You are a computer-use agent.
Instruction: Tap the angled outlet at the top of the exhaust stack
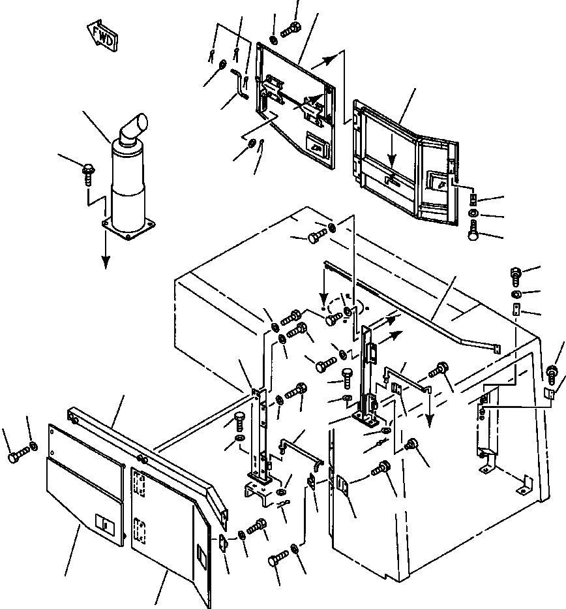pos(135,125)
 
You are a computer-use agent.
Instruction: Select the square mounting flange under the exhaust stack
pos(130,228)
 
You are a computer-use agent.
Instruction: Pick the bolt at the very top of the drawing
pos(290,28)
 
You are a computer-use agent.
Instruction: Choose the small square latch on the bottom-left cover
pos(102,522)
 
